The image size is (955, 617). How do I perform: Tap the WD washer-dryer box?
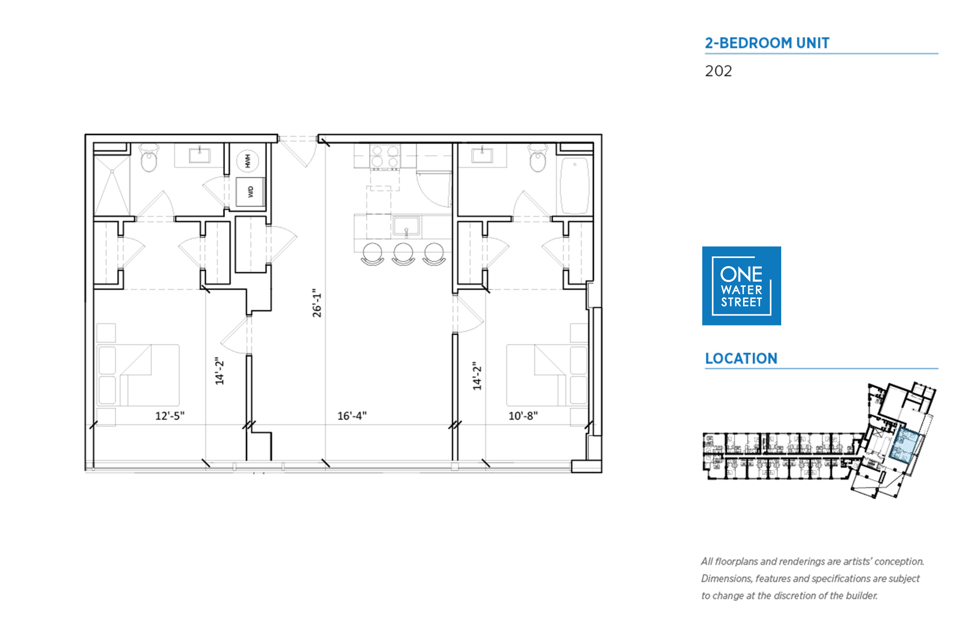point(250,192)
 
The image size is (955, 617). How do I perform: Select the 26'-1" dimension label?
point(317,303)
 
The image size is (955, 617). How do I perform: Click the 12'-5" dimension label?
point(170,416)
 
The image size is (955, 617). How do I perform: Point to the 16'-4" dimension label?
point(352,416)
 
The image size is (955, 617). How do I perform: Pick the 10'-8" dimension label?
point(523,416)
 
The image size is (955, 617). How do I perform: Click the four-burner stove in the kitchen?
point(385,157)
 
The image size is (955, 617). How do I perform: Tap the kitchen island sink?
point(406,226)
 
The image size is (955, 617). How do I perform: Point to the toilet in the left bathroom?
point(149,158)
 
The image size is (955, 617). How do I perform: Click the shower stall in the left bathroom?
point(112,186)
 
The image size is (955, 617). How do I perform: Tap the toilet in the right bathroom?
point(538,158)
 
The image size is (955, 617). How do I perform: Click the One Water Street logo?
point(741,286)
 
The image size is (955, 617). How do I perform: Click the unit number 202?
point(719,71)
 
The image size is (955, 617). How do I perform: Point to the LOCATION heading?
point(741,358)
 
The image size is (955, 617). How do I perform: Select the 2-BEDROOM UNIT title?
point(767,43)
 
